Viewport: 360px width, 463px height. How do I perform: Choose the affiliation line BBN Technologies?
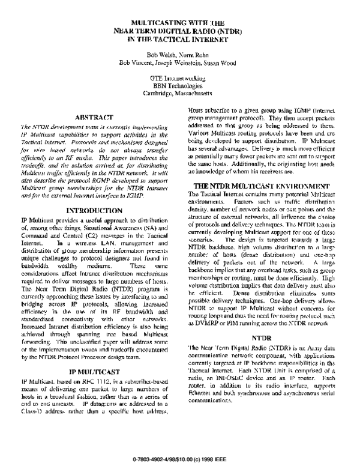tap(180, 85)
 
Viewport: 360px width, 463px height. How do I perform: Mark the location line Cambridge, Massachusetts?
tap(180, 93)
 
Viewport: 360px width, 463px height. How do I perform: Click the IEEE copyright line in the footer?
tap(179, 443)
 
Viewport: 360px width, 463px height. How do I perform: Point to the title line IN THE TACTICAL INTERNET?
tap(180, 40)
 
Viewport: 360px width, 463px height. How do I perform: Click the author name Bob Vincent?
tap(137, 61)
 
